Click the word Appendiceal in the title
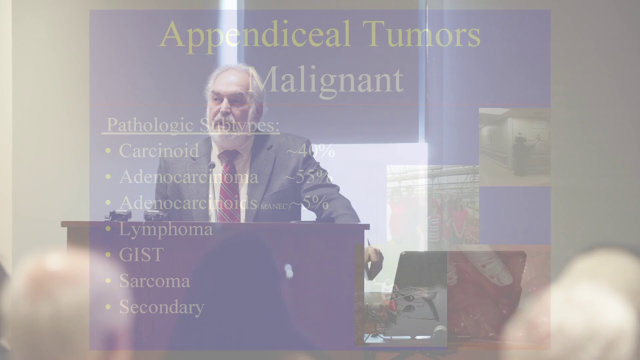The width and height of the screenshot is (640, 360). pyautogui.click(x=255, y=34)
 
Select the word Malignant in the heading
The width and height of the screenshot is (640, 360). pyautogui.click(x=325, y=79)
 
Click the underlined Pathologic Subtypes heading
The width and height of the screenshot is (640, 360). pyautogui.click(x=193, y=125)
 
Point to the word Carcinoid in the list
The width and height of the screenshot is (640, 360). pyautogui.click(x=159, y=150)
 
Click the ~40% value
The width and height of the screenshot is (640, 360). pyautogui.click(x=313, y=150)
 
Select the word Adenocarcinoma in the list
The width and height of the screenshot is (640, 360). pyautogui.click(x=188, y=176)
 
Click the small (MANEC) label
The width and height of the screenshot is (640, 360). pyautogui.click(x=273, y=205)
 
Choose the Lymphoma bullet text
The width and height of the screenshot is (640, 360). pyautogui.click(x=165, y=229)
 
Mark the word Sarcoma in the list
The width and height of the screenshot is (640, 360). pyautogui.click(x=154, y=280)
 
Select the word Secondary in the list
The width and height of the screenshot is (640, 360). pyautogui.click(x=161, y=307)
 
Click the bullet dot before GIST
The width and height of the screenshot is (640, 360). pyautogui.click(x=108, y=254)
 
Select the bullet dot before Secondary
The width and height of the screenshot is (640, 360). pyautogui.click(x=108, y=307)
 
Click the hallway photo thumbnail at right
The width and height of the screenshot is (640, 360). pyautogui.click(x=514, y=147)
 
